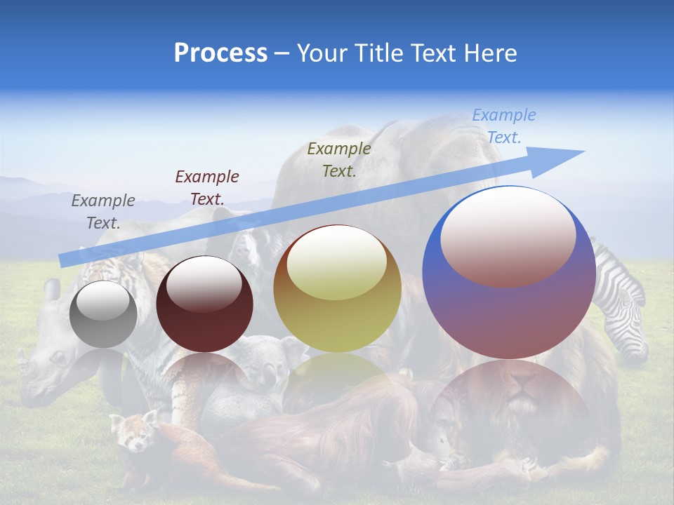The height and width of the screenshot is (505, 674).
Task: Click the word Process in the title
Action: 220,53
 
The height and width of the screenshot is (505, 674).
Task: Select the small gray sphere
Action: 103,314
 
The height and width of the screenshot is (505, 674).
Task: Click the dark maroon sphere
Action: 204,304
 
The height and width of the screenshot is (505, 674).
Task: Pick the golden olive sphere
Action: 337,289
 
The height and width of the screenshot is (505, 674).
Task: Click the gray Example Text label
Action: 103,211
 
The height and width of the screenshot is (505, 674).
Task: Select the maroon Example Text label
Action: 207,187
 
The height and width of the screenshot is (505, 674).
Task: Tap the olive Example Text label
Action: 339,159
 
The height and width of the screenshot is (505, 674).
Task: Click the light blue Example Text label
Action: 503,126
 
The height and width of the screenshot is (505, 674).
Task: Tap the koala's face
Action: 263,358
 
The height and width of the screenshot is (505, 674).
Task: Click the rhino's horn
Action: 24,365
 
